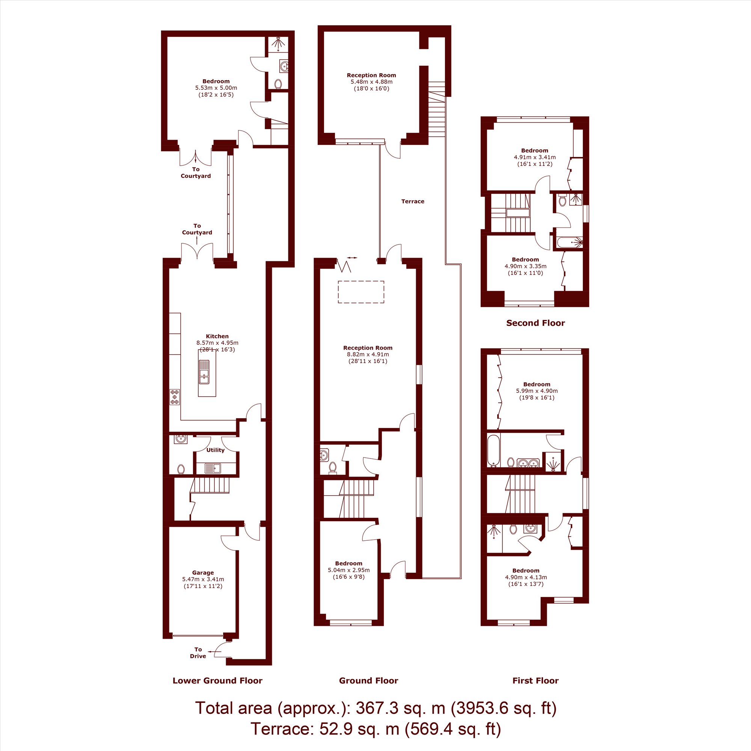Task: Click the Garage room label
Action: pyautogui.click(x=203, y=573)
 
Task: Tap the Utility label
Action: pyautogui.click(x=215, y=450)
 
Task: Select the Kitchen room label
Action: pyautogui.click(x=217, y=336)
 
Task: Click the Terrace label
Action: pyautogui.click(x=413, y=201)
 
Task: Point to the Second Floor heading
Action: pyautogui.click(x=536, y=323)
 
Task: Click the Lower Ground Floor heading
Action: pyautogui.click(x=217, y=681)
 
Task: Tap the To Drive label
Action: pyautogui.click(x=198, y=653)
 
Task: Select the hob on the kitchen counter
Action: pyautogui.click(x=175, y=397)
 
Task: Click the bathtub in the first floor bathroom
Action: pyautogui.click(x=493, y=451)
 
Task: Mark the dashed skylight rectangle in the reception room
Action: pyautogui.click(x=361, y=292)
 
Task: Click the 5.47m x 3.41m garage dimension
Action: pyautogui.click(x=203, y=579)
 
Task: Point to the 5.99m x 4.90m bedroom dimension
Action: pyautogui.click(x=537, y=391)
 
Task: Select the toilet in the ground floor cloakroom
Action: pyautogui.click(x=332, y=467)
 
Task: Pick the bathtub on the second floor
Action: pyautogui.click(x=570, y=243)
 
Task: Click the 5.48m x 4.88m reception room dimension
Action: pyautogui.click(x=371, y=82)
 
